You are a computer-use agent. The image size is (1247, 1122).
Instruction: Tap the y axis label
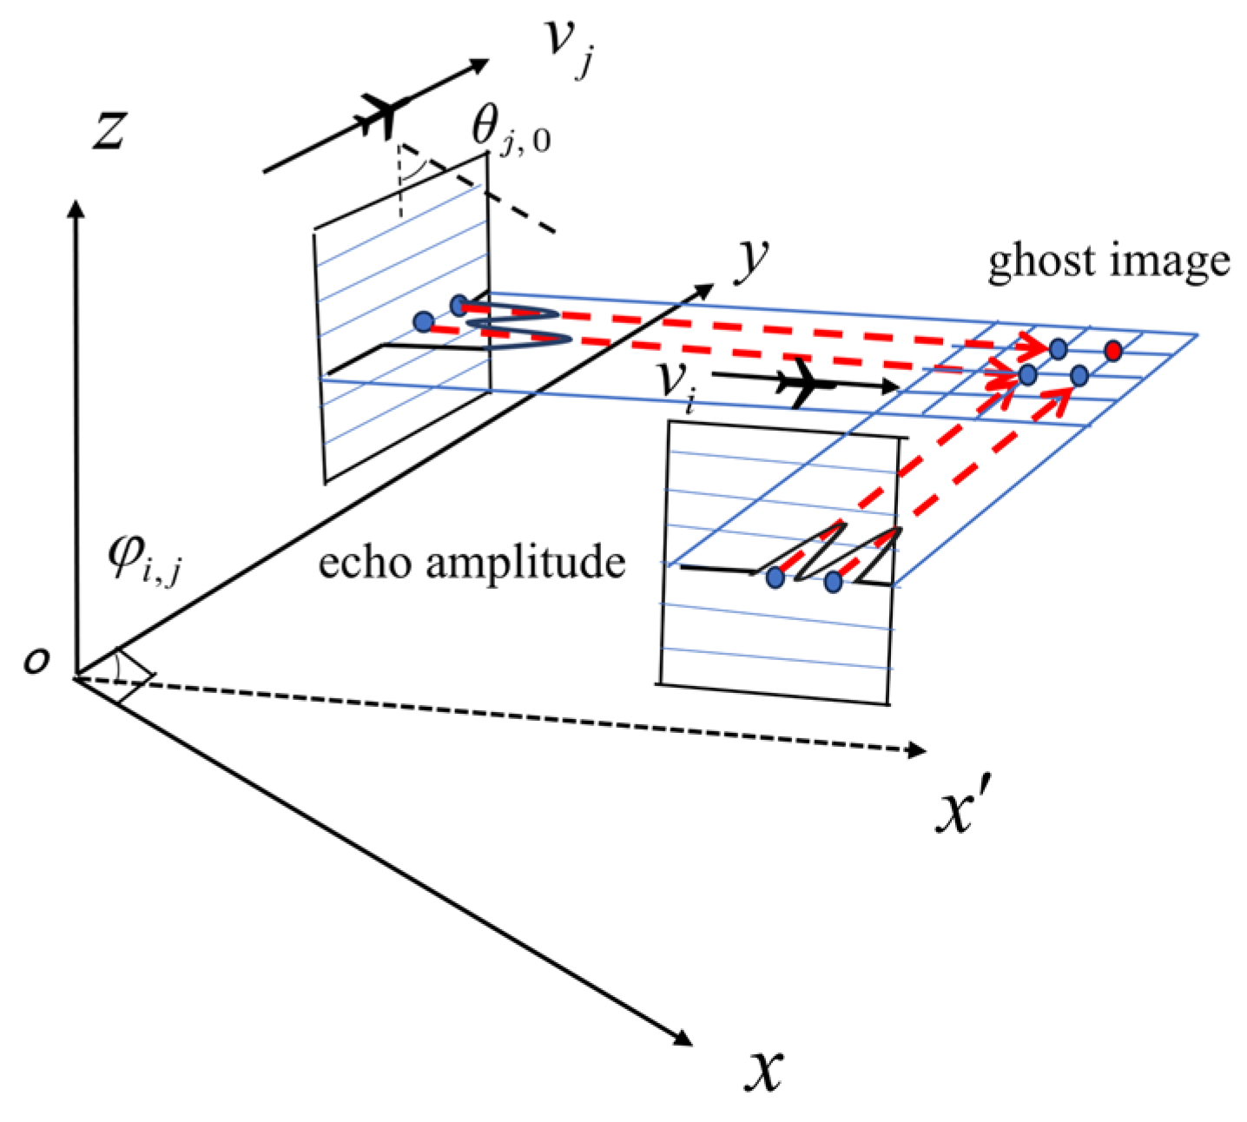[752, 263]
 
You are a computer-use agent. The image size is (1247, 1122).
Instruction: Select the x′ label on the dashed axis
[958, 812]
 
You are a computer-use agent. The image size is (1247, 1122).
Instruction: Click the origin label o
[36, 663]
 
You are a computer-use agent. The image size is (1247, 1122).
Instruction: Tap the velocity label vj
[570, 49]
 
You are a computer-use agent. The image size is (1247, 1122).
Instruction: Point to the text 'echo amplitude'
[472, 562]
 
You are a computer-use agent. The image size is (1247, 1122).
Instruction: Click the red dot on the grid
[1113, 351]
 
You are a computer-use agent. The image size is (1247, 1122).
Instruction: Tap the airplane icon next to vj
[383, 114]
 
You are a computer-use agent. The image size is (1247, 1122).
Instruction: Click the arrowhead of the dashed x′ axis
[916, 749]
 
